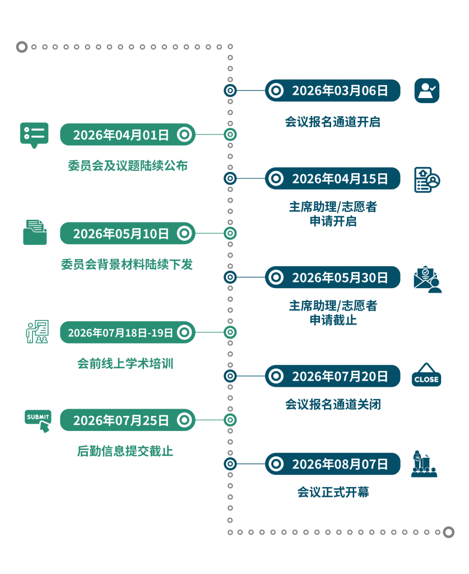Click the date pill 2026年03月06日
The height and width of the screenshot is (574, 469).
click(333, 90)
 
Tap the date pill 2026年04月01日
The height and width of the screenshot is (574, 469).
click(128, 135)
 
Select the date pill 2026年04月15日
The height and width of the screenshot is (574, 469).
click(333, 178)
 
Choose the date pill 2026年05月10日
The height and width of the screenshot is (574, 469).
click(128, 233)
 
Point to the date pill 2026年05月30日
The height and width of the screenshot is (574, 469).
click(333, 277)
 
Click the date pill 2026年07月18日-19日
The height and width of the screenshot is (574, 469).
click(128, 332)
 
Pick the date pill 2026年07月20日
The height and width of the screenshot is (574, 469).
click(333, 376)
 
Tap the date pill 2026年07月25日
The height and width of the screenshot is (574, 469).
click(128, 420)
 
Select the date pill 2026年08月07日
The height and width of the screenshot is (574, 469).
click(333, 464)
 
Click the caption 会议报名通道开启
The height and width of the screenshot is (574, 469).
click(332, 122)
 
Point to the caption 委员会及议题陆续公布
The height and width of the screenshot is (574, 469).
click(128, 166)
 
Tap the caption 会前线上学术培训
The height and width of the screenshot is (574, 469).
click(125, 364)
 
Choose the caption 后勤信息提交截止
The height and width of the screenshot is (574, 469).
click(125, 451)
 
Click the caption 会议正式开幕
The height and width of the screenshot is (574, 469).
click(333, 493)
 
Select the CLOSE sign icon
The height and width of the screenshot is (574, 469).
click(426, 376)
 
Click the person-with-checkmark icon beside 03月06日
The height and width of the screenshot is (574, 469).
click(427, 90)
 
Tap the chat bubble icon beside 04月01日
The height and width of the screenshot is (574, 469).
click(34, 135)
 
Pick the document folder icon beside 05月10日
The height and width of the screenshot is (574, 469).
click(35, 232)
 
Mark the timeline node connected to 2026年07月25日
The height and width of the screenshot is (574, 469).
click(230, 420)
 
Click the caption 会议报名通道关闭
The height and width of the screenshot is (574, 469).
click(332, 404)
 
